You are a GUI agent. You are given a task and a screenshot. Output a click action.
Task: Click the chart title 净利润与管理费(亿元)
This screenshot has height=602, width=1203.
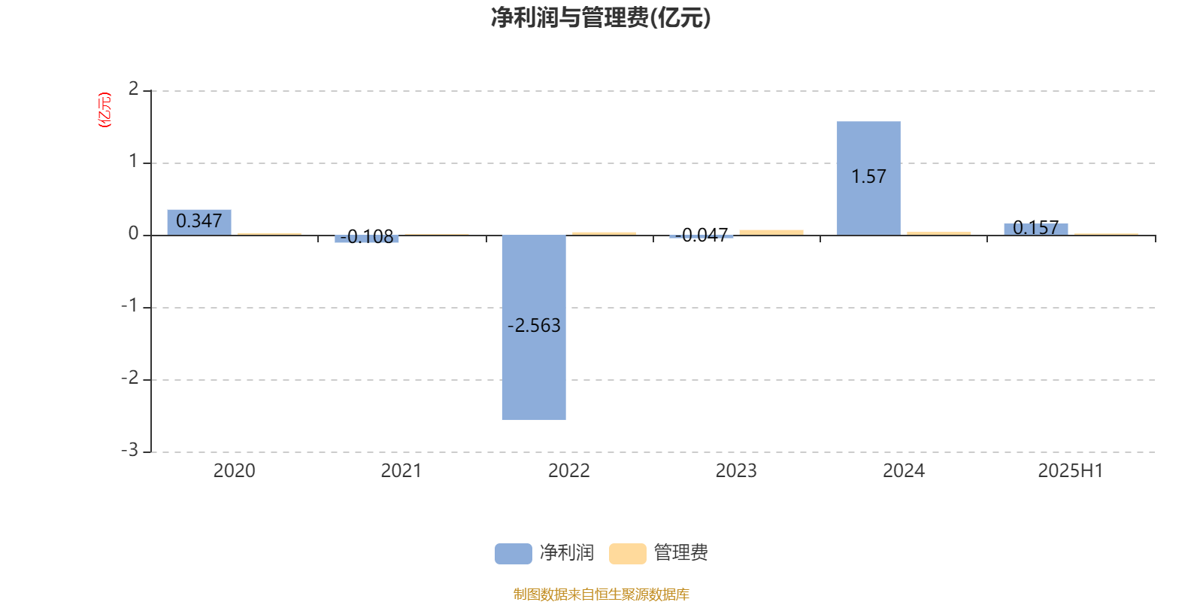[601, 18]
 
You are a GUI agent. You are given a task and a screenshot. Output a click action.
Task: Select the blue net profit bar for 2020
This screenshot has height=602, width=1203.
[199, 223]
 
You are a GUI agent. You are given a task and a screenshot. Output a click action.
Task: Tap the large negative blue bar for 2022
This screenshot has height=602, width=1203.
[534, 327]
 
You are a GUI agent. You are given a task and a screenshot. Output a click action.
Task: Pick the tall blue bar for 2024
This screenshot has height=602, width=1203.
[868, 178]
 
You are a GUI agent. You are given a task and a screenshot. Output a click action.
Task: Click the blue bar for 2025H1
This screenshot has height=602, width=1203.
[1036, 230]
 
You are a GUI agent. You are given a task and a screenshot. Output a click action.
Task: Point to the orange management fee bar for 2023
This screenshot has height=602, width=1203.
[771, 233]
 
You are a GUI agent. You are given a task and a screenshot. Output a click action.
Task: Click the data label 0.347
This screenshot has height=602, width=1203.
[199, 221]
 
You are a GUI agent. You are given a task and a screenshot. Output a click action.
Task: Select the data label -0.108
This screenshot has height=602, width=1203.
[367, 236]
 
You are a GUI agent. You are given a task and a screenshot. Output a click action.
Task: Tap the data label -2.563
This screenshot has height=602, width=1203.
[534, 326]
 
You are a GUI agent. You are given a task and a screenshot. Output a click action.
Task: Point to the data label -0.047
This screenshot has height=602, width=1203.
[701, 235]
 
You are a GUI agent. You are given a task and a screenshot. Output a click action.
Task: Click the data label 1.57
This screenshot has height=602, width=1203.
[868, 177]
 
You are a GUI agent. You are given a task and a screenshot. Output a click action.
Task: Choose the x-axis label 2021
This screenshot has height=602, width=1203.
[402, 471]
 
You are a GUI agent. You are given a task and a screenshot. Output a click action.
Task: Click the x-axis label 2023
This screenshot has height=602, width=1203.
[736, 471]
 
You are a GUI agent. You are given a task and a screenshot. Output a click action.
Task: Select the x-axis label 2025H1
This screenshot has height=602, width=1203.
[1071, 471]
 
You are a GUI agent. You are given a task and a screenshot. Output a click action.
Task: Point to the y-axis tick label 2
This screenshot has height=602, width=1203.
[133, 89]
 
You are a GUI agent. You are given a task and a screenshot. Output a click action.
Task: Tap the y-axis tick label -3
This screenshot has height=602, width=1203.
[130, 451]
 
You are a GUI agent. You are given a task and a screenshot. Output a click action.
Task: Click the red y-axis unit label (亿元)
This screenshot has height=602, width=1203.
[105, 110]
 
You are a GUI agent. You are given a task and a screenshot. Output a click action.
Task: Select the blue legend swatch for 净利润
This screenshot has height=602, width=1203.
[514, 554]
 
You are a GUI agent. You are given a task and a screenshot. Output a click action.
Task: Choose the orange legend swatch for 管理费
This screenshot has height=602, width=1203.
[627, 554]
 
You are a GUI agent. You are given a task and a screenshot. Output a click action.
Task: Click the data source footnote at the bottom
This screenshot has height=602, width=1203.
[601, 594]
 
